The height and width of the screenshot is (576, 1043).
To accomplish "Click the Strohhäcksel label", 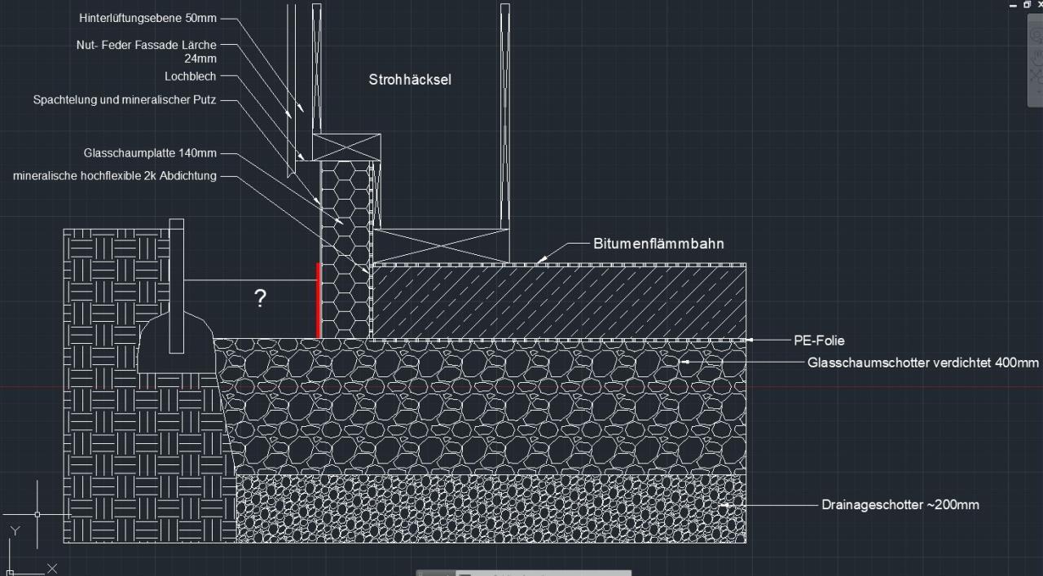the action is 410,80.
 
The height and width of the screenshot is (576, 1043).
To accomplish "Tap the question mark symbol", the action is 260,298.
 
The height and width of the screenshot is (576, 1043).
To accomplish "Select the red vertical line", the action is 319,301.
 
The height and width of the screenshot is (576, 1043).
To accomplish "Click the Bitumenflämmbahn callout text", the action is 658,244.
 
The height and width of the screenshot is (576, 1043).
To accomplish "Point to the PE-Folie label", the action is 819,341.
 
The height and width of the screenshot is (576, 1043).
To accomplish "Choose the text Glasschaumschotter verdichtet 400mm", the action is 923,363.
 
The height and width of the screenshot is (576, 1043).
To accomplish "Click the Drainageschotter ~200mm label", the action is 900,505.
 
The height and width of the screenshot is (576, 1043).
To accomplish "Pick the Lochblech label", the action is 190,77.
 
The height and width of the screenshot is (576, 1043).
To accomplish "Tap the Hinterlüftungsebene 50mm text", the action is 147,18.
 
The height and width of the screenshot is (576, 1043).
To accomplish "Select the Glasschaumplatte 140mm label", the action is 150,152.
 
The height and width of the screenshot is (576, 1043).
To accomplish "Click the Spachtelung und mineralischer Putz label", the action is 125,99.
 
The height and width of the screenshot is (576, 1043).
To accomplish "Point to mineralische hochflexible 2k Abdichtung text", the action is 115,176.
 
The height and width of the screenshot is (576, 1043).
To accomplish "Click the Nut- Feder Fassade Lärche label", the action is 146,45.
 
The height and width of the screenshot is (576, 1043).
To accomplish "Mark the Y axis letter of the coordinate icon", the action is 15,531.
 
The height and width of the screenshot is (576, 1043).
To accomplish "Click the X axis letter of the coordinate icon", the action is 52,569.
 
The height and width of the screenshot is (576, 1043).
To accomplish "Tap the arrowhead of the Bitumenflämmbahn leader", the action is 540,260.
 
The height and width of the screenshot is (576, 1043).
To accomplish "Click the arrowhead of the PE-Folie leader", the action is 749,341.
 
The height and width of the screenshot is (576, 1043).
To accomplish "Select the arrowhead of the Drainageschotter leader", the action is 725,505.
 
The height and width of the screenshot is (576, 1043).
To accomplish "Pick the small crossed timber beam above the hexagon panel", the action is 346,147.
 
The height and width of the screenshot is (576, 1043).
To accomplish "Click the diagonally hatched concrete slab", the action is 559,302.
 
